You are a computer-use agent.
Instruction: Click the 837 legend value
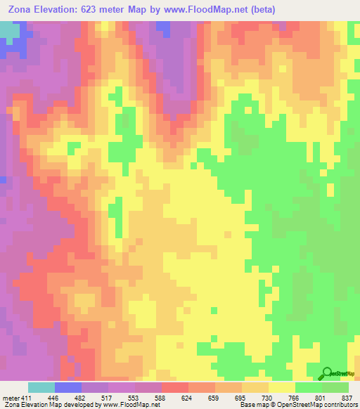pyautogui.click(x=346, y=398)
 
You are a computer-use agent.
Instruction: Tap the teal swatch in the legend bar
pyautogui.click(x=41, y=387)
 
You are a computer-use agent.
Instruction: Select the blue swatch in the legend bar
pyautogui.click(x=68, y=387)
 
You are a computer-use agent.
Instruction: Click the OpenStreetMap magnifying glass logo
pyautogui.click(x=328, y=375)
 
